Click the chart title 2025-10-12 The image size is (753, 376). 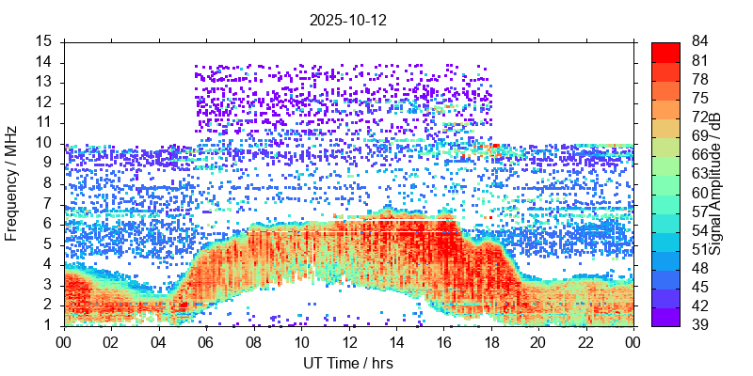(x=347, y=19)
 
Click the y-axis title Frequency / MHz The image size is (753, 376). (x=12, y=183)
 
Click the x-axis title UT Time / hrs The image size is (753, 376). (x=347, y=363)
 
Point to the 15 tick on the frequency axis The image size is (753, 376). (x=45, y=41)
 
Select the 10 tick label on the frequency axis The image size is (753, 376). (x=45, y=143)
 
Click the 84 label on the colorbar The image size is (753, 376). (x=700, y=41)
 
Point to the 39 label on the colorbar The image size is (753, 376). (x=700, y=325)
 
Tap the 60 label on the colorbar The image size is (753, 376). (x=700, y=193)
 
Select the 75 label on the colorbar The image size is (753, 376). (x=700, y=98)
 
